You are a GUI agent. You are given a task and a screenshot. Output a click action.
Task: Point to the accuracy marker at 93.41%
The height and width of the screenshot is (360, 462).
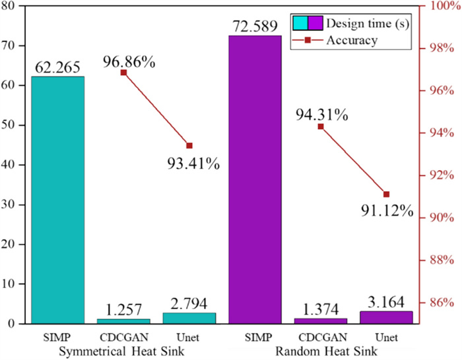189,145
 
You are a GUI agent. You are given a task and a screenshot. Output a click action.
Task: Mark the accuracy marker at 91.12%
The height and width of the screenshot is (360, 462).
386,194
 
